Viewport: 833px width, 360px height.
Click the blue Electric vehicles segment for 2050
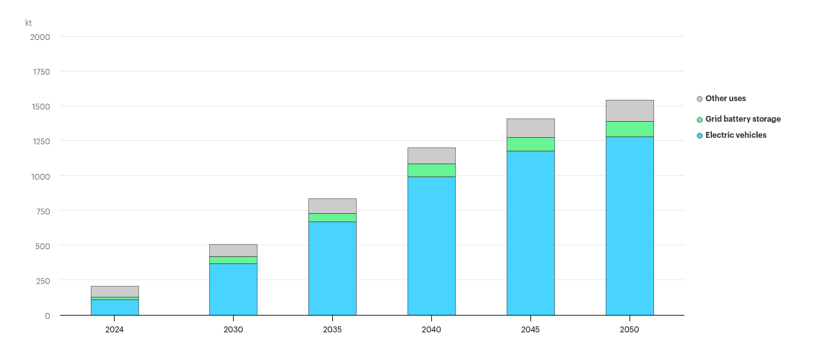[x=630, y=225]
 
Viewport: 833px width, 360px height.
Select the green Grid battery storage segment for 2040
[x=431, y=170]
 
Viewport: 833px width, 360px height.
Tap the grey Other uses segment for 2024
[x=115, y=292]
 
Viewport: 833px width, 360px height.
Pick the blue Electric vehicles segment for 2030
[x=233, y=289]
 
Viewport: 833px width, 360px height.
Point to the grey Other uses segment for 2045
[x=530, y=128]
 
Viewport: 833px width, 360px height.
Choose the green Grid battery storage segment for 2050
[x=630, y=129]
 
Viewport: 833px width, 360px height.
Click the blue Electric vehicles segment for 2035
[x=332, y=268]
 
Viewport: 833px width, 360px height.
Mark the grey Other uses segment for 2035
[x=332, y=206]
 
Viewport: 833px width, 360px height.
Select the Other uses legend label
[x=725, y=99]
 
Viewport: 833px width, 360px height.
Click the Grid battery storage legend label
[x=743, y=119]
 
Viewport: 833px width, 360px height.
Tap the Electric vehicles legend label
[x=736, y=135]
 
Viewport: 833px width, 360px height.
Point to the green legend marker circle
[x=700, y=120]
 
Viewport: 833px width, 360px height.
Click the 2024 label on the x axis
[x=115, y=330]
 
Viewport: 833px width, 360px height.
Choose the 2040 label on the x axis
[x=431, y=330]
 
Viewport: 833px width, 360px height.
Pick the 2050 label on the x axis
[x=630, y=330]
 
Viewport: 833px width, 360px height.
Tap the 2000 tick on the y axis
[x=40, y=37]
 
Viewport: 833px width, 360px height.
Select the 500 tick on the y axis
[x=42, y=245]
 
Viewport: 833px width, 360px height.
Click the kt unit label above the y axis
[x=28, y=23]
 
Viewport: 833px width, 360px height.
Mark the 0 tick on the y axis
[x=47, y=316]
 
